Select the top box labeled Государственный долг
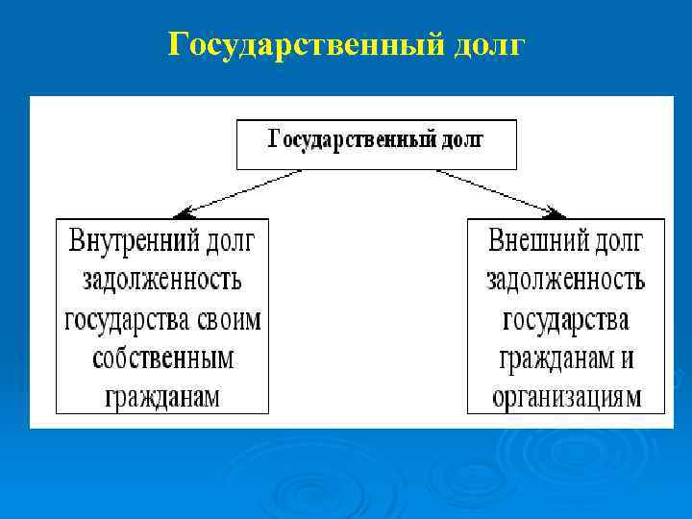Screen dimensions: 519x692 pyautogui.click(x=376, y=143)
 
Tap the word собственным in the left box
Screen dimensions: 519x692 pyautogui.click(x=162, y=358)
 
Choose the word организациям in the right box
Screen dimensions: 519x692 pyautogui.click(x=565, y=397)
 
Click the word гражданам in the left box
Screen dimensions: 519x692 pyautogui.click(x=162, y=397)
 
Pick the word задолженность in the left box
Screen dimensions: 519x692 pyautogui.click(x=162, y=280)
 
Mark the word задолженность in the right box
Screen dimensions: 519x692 pyautogui.click(x=565, y=280)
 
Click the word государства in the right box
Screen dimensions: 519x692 pyautogui.click(x=565, y=319)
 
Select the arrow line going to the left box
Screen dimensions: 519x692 pyautogui.click(x=245, y=190)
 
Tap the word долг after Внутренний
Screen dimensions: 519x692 pyautogui.click(x=231, y=240)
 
